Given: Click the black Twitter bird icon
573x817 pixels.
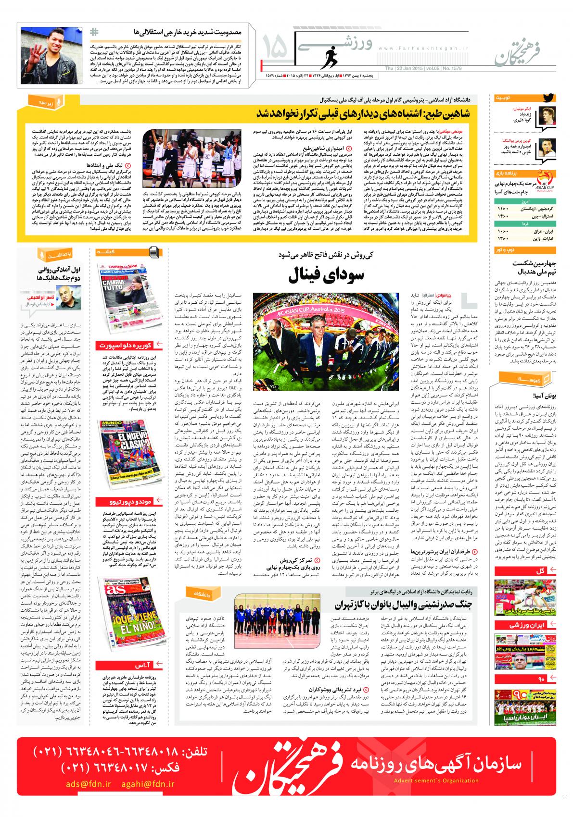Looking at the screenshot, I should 548,98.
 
